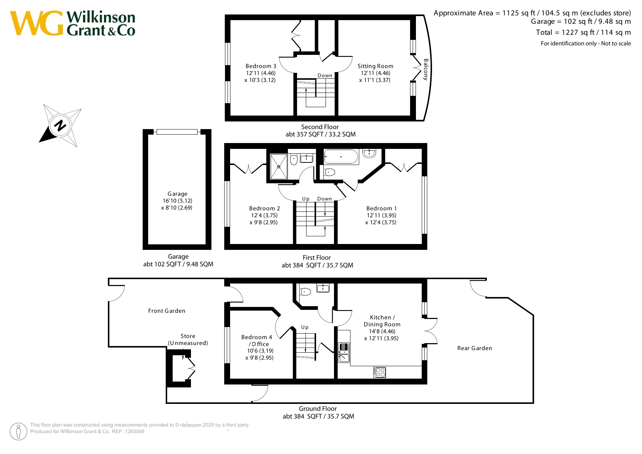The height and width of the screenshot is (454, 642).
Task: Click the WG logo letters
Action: pos(37,23)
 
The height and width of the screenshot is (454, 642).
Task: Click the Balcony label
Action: pos(425,69)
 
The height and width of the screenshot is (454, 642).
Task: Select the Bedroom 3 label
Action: pos(261,66)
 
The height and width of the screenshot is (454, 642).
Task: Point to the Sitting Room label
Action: pos(375,66)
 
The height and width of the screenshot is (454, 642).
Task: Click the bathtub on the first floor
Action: pos(341,157)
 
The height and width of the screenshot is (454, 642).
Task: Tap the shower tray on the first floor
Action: pos(279,167)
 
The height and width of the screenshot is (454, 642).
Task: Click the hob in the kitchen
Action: pos(380,372)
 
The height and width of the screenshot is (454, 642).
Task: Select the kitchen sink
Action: pos(344,352)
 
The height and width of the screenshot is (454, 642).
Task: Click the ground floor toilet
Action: pos(305,292)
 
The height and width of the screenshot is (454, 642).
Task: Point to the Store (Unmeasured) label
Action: pos(188,339)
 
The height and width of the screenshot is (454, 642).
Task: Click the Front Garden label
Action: pos(167,311)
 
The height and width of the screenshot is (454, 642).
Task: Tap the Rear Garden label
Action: pos(474,348)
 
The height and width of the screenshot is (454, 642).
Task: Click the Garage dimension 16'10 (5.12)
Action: pos(177,201)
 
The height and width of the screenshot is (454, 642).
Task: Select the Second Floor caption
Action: pos(320,127)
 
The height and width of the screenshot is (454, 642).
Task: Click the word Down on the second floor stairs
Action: pos(325,76)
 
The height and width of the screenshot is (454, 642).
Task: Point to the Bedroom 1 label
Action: pos(382,209)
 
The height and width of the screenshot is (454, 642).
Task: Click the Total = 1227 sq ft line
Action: pos(583,33)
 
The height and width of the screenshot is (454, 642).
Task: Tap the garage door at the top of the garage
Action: pos(177,132)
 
